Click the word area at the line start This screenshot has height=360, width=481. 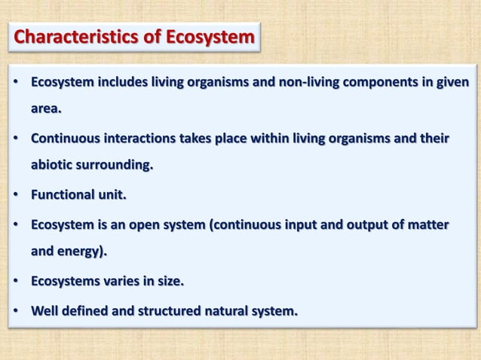point(44,108)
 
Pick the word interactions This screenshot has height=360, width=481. point(139,139)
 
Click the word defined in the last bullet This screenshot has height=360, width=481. point(87,310)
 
